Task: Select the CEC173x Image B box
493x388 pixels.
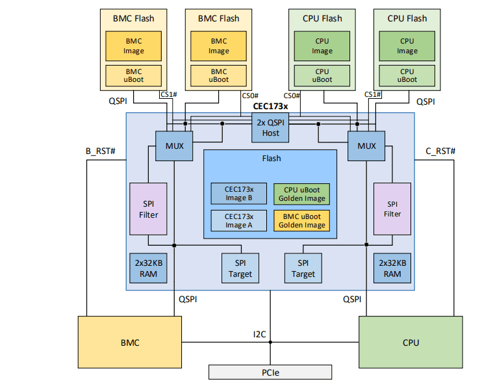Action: (x=238, y=194)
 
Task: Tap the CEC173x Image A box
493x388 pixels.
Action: (x=238, y=220)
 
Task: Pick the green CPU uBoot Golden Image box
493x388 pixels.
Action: (x=301, y=194)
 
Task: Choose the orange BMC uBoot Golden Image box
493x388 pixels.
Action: (x=301, y=220)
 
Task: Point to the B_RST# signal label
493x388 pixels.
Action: (x=101, y=151)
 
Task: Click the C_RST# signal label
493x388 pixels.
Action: (x=440, y=151)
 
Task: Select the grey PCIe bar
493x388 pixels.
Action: (x=271, y=372)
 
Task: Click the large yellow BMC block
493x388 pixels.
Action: (x=131, y=342)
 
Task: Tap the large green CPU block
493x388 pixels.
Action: (x=411, y=342)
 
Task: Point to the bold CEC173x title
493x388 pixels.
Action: (x=270, y=105)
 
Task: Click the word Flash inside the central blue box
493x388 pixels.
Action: (x=271, y=158)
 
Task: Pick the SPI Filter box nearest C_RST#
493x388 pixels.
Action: (x=392, y=209)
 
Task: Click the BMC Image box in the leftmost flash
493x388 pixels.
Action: (x=134, y=46)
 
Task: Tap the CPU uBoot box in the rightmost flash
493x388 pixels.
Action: (x=407, y=75)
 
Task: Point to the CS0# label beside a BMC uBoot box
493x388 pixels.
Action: (x=250, y=96)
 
